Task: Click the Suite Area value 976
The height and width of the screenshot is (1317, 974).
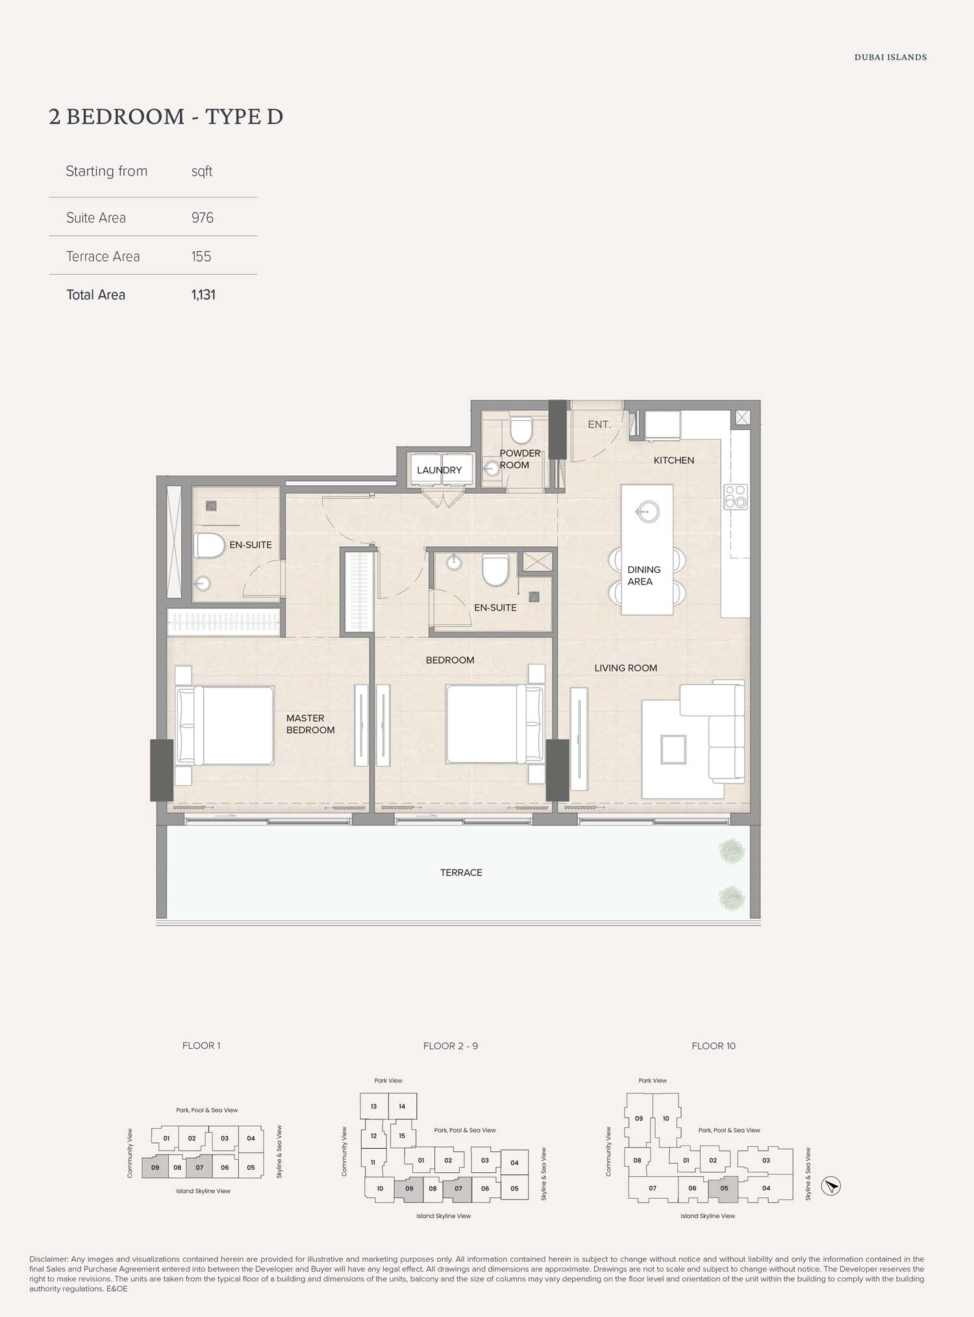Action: click(203, 218)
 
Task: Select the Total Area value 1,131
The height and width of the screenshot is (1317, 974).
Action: click(203, 295)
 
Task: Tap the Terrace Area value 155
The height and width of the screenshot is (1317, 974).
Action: click(201, 257)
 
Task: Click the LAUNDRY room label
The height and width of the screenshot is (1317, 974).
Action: click(440, 470)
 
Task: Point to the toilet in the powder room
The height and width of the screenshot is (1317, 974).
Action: click(521, 431)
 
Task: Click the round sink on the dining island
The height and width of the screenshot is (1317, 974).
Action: click(647, 512)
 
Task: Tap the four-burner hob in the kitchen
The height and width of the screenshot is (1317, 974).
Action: click(736, 497)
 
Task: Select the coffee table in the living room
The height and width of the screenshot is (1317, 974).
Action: click(673, 749)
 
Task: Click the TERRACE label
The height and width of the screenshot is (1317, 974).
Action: click(461, 873)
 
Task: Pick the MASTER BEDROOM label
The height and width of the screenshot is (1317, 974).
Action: click(310, 724)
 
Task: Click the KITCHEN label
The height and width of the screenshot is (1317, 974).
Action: click(674, 460)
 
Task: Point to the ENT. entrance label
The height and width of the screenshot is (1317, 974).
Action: click(599, 425)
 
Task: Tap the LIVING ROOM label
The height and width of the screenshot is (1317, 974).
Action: click(626, 668)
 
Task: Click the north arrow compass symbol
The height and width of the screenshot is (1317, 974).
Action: click(831, 1186)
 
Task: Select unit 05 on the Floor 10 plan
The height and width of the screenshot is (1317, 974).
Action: click(724, 1188)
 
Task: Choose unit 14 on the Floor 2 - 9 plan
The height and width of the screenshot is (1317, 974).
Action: click(403, 1107)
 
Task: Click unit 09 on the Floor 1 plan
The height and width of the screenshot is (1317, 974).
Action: click(155, 1167)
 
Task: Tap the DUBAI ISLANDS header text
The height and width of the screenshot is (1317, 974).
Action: click(890, 58)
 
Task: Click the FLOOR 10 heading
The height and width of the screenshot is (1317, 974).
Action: click(714, 1046)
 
